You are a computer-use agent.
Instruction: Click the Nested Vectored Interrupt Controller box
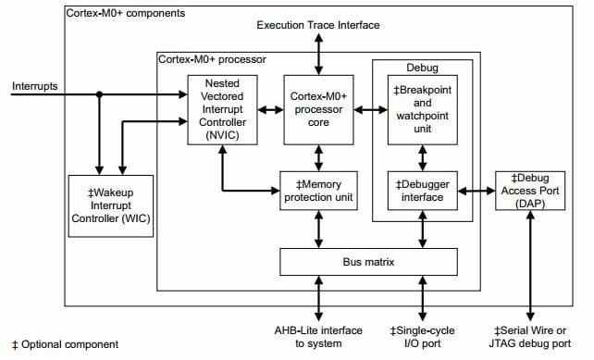(220, 109)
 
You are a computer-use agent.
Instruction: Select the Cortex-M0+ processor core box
(318, 109)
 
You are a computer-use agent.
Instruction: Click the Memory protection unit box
(318, 190)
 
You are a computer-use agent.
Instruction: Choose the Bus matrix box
(369, 262)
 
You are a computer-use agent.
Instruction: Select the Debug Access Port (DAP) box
(530, 190)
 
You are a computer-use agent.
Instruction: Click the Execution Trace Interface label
(317, 24)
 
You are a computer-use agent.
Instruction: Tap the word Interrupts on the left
(35, 87)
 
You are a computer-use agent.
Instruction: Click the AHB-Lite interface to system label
(318, 337)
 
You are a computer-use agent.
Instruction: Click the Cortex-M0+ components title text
(126, 14)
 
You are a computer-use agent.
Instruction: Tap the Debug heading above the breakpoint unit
(421, 68)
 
